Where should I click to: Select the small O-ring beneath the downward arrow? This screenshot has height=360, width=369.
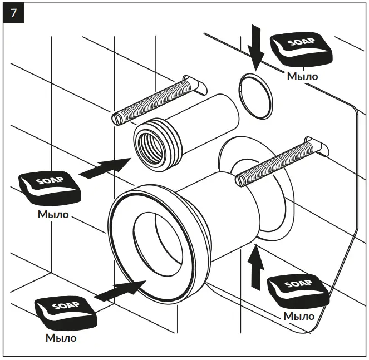255,96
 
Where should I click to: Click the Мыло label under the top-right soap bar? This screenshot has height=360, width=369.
302,76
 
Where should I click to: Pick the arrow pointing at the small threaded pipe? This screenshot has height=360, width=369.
106,167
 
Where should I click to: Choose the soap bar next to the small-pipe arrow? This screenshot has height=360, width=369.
50,187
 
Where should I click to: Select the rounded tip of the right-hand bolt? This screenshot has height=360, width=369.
241,178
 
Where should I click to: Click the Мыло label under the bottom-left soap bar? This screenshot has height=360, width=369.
61,337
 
